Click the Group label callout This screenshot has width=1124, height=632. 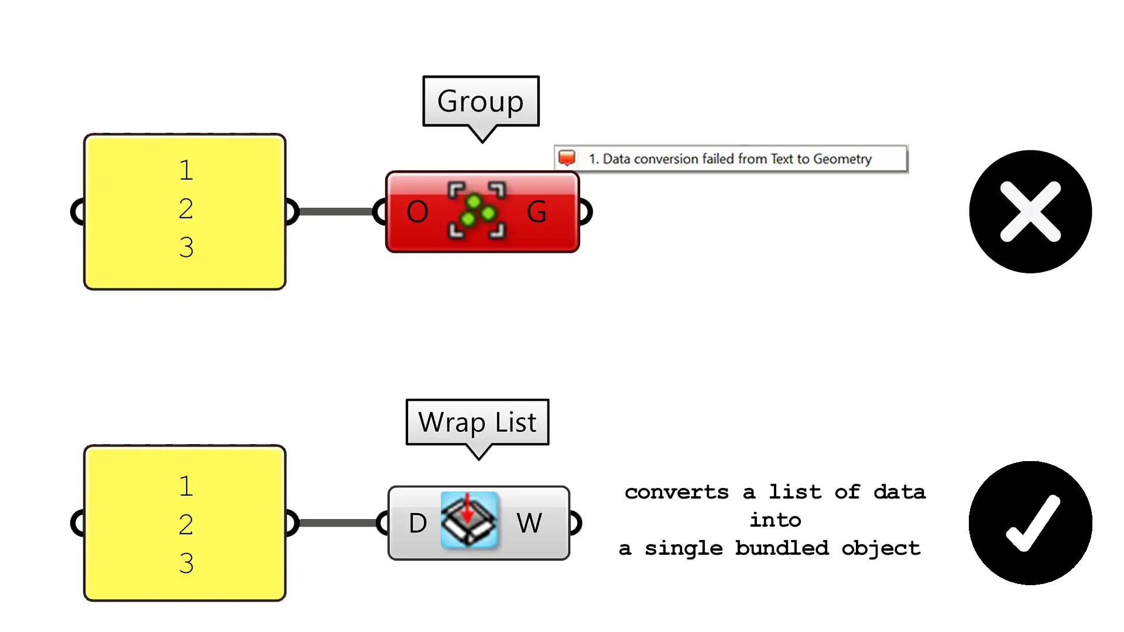point(481,101)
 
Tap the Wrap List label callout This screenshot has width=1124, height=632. point(477,422)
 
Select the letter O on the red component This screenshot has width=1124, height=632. point(417,212)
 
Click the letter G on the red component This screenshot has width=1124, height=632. point(536,212)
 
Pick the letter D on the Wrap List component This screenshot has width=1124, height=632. point(417,523)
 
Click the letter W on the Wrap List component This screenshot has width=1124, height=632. point(529,523)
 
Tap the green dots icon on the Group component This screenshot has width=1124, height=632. point(477,211)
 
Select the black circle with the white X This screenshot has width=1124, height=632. point(1030,211)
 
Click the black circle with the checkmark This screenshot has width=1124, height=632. point(1030,523)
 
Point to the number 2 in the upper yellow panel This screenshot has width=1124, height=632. point(186,209)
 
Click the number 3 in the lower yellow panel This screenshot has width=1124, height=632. point(186,563)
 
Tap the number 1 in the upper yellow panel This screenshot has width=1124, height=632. point(186,170)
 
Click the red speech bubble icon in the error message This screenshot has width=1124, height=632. point(567,158)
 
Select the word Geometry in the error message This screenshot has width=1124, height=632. point(842,159)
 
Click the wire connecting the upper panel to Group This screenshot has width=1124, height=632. point(336,211)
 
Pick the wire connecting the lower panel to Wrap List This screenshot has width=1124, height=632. point(337,523)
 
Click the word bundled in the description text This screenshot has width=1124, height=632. point(782,548)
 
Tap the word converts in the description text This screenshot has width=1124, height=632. point(676,492)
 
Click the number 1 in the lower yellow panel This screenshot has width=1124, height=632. point(186,486)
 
